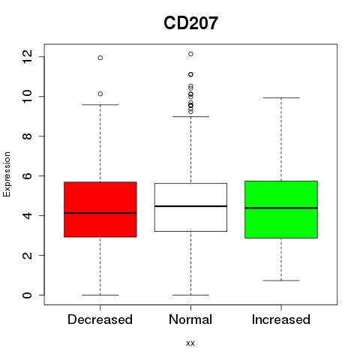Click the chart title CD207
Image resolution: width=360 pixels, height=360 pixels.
[190, 23]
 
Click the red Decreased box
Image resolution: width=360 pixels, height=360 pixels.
[100, 209]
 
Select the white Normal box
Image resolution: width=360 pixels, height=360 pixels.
[190, 207]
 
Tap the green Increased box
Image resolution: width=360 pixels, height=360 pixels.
[281, 209]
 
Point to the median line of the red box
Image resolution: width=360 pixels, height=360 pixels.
[100, 213]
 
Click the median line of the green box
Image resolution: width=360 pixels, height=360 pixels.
[281, 208]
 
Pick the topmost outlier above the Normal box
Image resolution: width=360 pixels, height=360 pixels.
[190, 54]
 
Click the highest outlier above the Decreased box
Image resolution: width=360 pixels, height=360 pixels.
[100, 58]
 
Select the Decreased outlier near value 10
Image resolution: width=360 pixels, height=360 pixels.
[100, 94]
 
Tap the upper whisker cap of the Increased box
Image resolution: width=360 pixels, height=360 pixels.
[281, 97]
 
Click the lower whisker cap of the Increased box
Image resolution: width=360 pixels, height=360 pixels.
[281, 280]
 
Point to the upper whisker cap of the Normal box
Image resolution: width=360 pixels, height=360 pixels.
[190, 116]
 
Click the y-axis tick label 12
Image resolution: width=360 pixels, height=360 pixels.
[27, 56]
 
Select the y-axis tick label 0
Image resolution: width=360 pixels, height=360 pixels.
[27, 295]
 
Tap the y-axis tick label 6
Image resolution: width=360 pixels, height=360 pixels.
[27, 175]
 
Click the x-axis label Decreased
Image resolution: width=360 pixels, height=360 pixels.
[100, 319]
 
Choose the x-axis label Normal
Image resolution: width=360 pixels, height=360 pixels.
[190, 319]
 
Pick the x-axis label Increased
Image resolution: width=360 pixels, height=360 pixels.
[281, 319]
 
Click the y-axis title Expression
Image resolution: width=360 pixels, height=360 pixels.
[7, 174]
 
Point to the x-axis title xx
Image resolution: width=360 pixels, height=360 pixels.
[190, 343]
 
